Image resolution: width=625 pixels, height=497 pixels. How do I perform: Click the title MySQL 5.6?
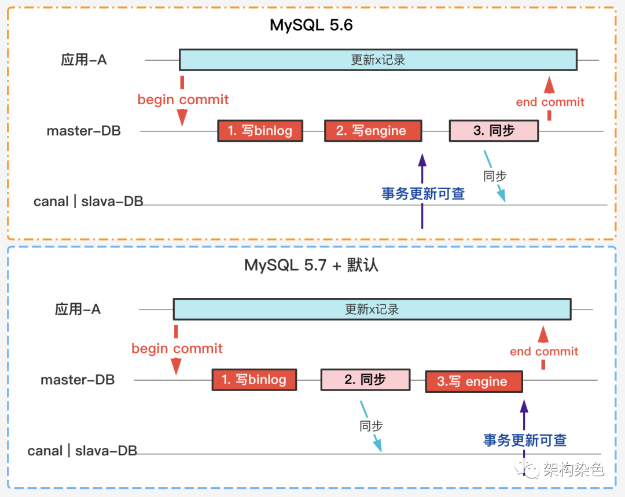point(311,25)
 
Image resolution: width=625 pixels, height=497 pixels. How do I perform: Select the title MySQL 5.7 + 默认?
point(311,266)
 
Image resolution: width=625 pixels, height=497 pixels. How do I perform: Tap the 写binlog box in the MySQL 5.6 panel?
point(260,131)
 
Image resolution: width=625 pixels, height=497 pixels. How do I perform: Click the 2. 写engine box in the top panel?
point(373,131)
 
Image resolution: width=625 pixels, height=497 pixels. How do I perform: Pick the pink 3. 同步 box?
point(494,131)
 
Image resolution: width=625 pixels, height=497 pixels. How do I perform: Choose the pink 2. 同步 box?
point(365,380)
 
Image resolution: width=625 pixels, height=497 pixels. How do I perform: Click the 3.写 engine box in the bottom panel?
point(473,382)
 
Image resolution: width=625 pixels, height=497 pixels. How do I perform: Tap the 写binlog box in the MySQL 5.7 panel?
point(254,380)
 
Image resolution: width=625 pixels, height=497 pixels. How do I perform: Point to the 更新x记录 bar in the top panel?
point(378,60)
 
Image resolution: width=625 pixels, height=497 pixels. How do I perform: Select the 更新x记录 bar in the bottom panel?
point(372,309)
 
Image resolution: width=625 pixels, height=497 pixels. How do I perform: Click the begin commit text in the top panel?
point(183,100)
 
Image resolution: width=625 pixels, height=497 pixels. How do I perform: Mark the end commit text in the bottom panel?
point(544,351)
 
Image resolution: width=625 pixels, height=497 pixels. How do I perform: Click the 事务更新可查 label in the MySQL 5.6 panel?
point(423,194)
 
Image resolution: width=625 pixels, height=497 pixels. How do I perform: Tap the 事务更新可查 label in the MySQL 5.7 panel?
point(525,440)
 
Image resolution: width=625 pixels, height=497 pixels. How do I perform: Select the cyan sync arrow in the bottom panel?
point(371,425)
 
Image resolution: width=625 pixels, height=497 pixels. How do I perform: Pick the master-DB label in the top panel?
point(84,131)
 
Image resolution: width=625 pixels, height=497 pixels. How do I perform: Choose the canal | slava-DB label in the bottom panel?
point(82,451)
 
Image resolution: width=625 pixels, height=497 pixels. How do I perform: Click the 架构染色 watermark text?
point(573,469)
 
